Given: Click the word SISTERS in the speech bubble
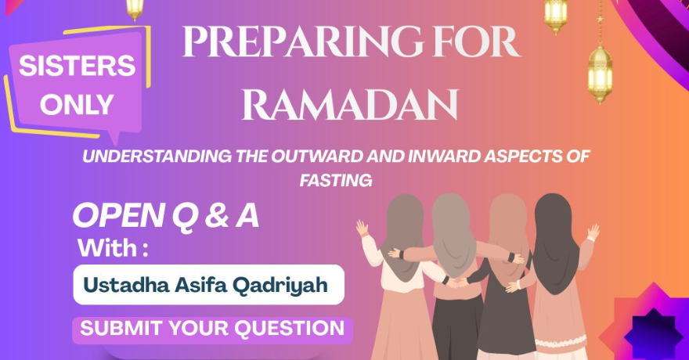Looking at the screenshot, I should (77, 67).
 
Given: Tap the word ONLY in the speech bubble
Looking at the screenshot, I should (77, 104).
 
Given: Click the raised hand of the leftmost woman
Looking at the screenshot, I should (362, 229).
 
